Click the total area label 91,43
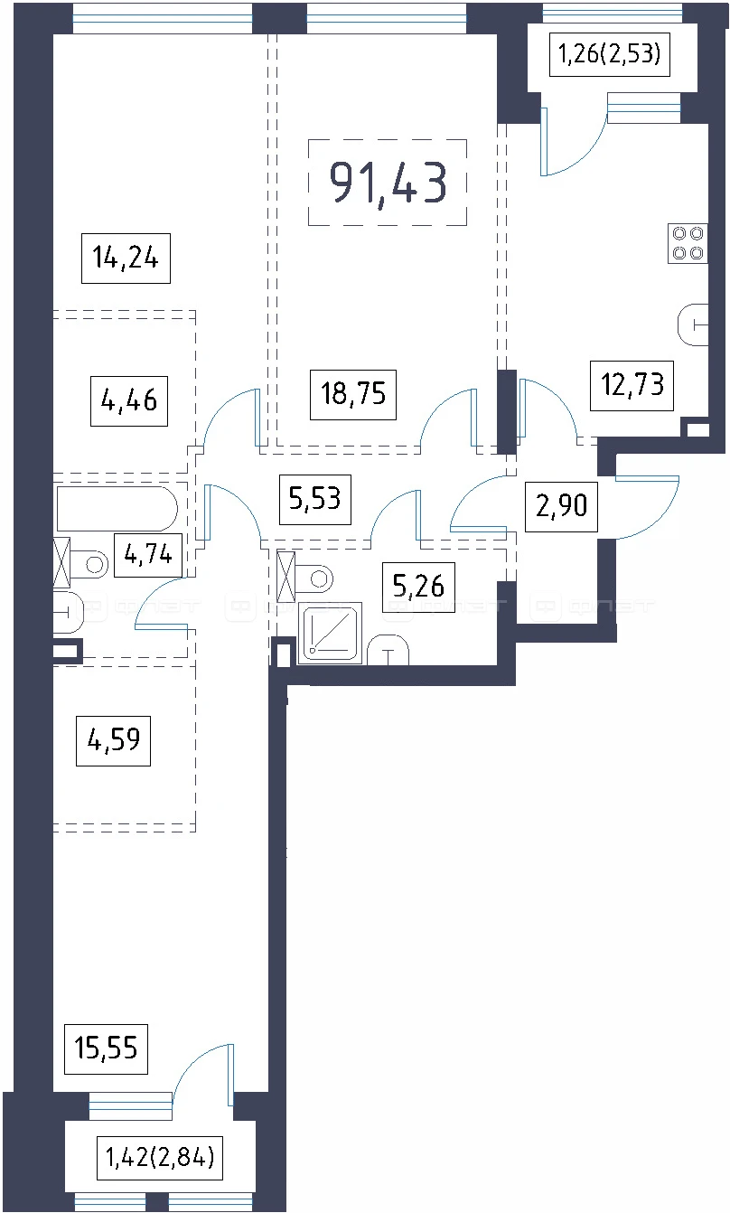(388, 183)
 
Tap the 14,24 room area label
(126, 258)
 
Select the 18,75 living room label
(353, 394)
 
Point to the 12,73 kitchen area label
(632, 385)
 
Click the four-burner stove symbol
(688, 243)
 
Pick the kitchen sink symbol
(693, 324)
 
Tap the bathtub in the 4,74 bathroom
(117, 509)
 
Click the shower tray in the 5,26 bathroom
(330, 633)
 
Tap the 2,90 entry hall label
(561, 506)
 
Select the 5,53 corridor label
(315, 499)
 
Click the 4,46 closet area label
(129, 401)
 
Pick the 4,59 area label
(113, 741)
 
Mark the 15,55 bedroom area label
(106, 1048)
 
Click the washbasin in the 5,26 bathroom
(388, 650)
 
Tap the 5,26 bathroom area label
(418, 587)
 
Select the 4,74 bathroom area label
(148, 555)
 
